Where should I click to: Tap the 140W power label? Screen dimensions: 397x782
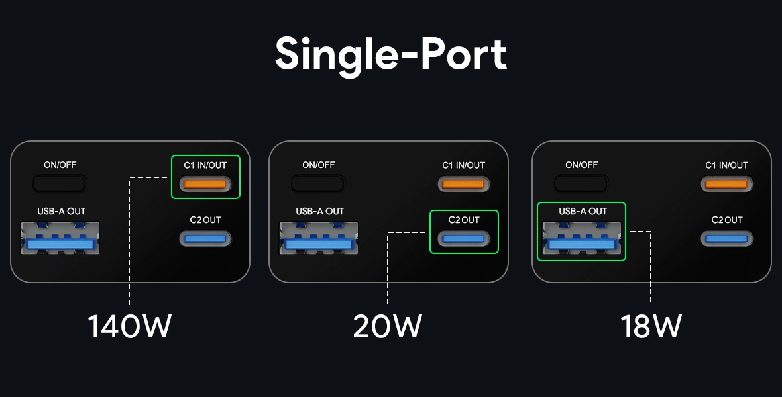point(129,326)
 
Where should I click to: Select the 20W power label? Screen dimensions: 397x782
point(387,326)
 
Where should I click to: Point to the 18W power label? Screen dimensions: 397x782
point(651,326)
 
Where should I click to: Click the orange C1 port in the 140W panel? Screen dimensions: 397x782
point(205,184)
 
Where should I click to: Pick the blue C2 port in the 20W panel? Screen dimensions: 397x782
point(464,238)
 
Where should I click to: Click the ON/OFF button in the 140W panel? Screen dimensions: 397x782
point(60,183)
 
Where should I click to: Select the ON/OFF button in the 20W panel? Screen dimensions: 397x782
point(318,183)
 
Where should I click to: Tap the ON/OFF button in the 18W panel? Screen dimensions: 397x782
point(581,183)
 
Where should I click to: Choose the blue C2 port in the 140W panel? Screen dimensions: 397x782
point(205,238)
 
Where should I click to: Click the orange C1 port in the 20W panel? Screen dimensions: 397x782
point(464,184)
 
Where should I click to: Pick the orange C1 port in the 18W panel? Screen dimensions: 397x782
point(727,184)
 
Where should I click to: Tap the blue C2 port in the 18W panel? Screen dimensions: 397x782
point(727,238)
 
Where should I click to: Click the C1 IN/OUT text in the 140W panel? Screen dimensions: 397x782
point(205,165)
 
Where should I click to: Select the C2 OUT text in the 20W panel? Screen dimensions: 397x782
point(464,220)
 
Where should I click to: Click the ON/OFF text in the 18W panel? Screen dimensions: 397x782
point(581,165)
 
